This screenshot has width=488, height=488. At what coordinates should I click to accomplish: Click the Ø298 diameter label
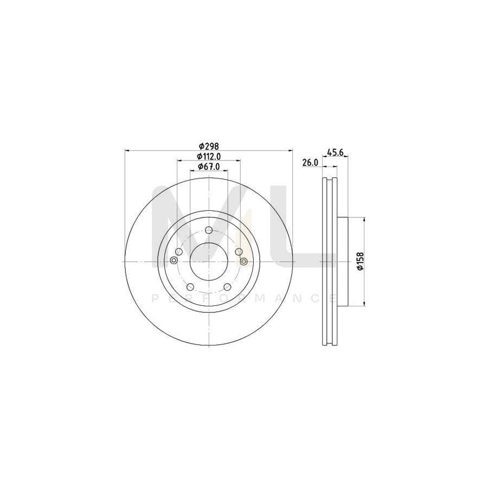click(x=208, y=146)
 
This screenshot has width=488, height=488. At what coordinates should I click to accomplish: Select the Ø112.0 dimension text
click(x=208, y=156)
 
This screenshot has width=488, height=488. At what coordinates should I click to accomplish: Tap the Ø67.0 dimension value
click(x=208, y=166)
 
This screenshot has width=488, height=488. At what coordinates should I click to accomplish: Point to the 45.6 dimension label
click(x=335, y=152)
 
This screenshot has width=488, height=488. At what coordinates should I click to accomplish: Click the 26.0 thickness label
click(x=310, y=163)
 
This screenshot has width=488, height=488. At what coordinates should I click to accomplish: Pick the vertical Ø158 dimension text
click(x=358, y=261)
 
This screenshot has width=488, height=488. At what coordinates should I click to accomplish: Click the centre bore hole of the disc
click(x=208, y=261)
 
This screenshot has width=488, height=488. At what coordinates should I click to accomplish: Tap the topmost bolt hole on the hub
click(x=208, y=230)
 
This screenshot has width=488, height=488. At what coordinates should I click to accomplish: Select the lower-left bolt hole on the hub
click(x=190, y=286)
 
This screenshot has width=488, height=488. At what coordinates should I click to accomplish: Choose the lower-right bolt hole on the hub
click(x=227, y=286)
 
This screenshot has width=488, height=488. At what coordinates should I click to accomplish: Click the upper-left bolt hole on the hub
click(x=179, y=251)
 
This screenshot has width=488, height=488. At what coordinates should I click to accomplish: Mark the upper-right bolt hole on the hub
click(x=238, y=251)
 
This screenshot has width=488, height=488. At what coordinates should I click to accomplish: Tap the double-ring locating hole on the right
click(x=243, y=262)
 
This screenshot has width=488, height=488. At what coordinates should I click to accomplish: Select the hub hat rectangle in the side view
click(x=342, y=261)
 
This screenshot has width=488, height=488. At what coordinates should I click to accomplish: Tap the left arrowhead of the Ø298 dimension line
click(x=127, y=150)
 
